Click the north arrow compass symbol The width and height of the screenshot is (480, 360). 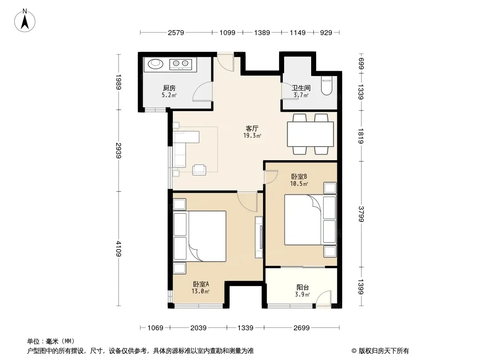[x=25, y=21]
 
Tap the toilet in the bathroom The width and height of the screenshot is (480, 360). [x=326, y=86]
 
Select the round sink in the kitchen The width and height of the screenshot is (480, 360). [x=155, y=63]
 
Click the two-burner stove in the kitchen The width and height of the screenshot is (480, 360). [x=181, y=64]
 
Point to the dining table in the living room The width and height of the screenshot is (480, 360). [x=310, y=134]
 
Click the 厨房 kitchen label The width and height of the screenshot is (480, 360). [x=169, y=88]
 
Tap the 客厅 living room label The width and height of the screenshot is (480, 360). [x=252, y=128]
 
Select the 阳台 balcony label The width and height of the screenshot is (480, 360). [x=303, y=287]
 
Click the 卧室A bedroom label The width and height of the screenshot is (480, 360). [x=201, y=284]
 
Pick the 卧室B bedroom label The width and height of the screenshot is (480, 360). [x=299, y=176]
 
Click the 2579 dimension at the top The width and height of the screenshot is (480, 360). [x=176, y=32]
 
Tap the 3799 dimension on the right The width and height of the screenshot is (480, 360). [x=361, y=214]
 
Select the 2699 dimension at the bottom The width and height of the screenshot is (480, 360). [x=302, y=328]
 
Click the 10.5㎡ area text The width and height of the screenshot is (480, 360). [x=299, y=184]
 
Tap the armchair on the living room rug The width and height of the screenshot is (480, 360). [x=199, y=170]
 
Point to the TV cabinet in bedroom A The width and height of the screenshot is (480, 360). [x=259, y=237]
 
